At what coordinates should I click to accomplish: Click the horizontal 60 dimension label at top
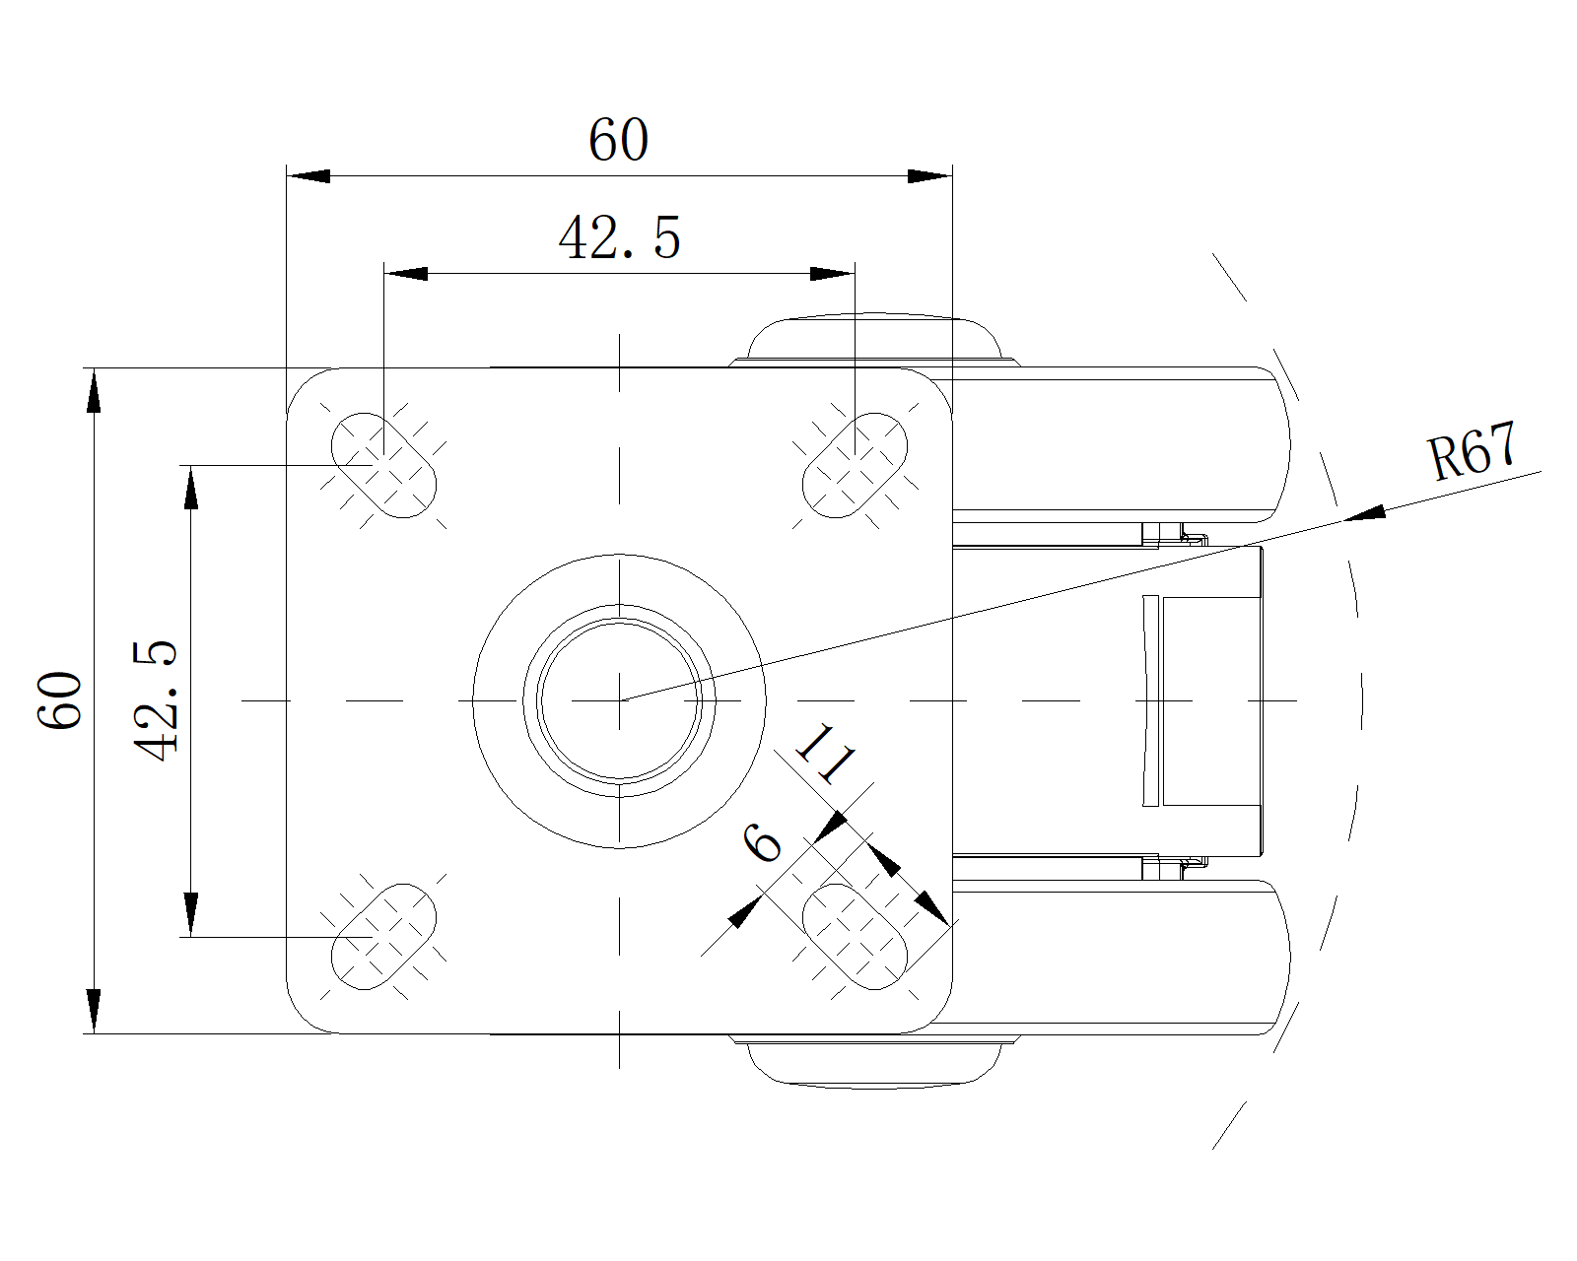(x=619, y=139)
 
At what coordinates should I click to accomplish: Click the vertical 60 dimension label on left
(x=60, y=699)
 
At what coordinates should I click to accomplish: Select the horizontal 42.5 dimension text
(x=620, y=238)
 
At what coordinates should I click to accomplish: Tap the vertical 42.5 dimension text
(x=156, y=701)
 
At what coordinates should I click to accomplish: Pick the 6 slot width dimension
(x=762, y=842)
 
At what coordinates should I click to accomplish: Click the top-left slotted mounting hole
(x=384, y=465)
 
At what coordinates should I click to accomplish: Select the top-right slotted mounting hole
(x=856, y=465)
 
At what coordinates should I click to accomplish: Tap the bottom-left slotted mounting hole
(x=384, y=937)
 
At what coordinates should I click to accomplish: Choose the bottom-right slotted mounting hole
(x=856, y=937)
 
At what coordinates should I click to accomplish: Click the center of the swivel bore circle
(x=619, y=700)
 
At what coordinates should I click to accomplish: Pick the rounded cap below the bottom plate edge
(x=873, y=1062)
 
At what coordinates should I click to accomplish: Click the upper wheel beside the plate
(x=1122, y=444)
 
